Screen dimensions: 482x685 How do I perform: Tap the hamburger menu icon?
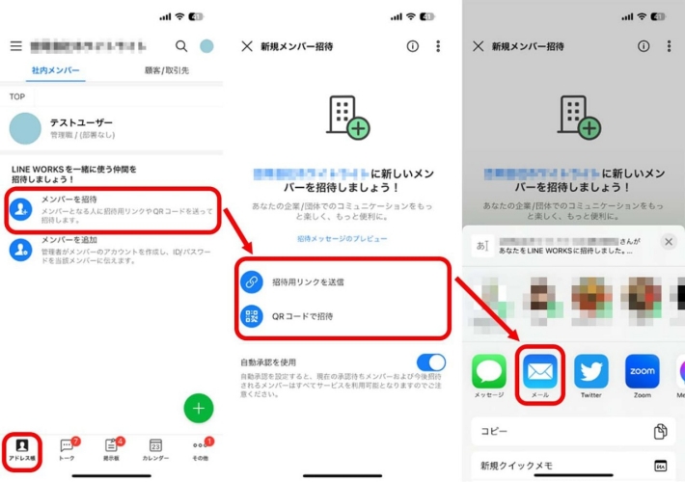coord(15,46)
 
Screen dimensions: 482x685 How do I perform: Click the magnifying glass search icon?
coord(181,46)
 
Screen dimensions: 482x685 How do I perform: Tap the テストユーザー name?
coord(81,122)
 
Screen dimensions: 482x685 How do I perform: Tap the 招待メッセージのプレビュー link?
coord(342,239)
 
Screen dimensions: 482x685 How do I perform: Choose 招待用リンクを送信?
coord(308,282)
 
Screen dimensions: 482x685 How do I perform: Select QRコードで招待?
coord(303,316)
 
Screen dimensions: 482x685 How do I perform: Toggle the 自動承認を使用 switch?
coord(431,363)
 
